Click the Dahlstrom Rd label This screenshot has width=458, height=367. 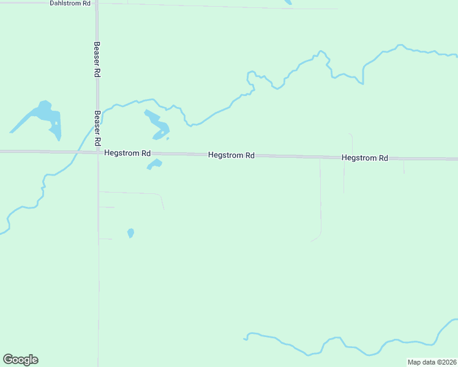click(70, 3)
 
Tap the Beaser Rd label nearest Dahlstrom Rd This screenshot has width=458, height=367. click(97, 59)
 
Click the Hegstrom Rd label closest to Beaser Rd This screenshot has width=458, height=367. click(127, 153)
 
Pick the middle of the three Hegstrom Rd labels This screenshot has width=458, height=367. click(231, 155)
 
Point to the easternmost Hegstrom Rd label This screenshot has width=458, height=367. click(365, 158)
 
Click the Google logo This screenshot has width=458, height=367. click(20, 360)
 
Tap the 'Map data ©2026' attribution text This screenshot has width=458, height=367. click(432, 362)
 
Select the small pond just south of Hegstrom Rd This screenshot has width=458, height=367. click(155, 163)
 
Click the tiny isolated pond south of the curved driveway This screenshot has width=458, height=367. click(130, 232)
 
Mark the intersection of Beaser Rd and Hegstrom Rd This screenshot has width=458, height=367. click(97, 152)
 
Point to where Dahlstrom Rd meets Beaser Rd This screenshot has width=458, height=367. click(97, 3)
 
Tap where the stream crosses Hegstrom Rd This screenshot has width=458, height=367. click(77, 152)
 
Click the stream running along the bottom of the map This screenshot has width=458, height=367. click(343, 348)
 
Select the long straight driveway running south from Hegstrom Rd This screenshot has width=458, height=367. click(320, 196)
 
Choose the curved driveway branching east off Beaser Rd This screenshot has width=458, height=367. click(141, 193)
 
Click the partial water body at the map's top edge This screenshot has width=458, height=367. click(288, 2)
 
